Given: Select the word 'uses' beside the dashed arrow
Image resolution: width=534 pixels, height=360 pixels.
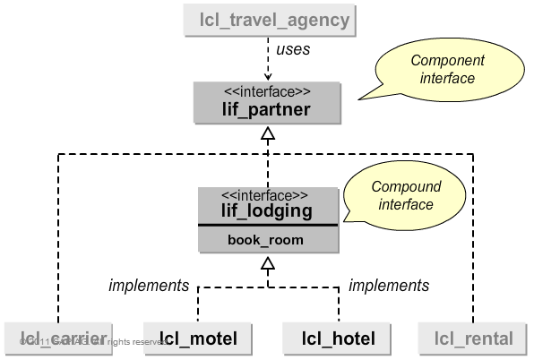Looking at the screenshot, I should pyautogui.click(x=292, y=49).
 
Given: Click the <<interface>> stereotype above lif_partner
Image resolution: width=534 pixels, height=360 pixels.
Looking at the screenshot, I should pyautogui.click(x=266, y=91).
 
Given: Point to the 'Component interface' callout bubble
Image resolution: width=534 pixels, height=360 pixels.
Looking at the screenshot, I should pyautogui.click(x=447, y=70).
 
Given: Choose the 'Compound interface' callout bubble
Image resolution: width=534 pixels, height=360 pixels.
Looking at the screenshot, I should pyautogui.click(x=406, y=195).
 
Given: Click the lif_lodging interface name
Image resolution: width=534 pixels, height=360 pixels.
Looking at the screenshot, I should pyautogui.click(x=267, y=212).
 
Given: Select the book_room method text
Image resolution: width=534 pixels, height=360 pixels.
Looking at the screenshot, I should pyautogui.click(x=266, y=240).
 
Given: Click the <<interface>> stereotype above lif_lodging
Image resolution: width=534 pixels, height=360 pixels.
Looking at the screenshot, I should pyautogui.click(x=266, y=195).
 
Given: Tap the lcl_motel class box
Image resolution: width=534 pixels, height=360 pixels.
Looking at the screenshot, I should pyautogui.click(x=198, y=338).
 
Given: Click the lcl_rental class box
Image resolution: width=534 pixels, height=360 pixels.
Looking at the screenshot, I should pyautogui.click(x=473, y=338).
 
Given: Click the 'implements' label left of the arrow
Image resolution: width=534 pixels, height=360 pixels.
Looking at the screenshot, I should pyautogui.click(x=149, y=286).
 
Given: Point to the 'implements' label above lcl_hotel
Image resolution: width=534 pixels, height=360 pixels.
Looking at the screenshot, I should pyautogui.click(x=388, y=286).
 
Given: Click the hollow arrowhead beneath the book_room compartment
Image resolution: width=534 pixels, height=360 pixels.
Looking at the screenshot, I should pyautogui.click(x=266, y=263).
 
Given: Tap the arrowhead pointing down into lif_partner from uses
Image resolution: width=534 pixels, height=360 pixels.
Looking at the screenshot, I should pyautogui.click(x=266, y=75).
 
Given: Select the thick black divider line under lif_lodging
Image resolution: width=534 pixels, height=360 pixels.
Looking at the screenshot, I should pyautogui.click(x=266, y=227).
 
